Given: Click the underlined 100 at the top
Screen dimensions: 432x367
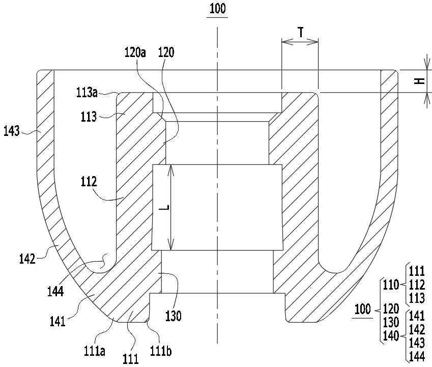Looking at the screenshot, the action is tap(218, 9).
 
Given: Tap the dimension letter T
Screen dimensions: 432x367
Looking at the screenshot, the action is tap(301, 32).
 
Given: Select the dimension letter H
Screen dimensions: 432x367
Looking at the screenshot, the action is tap(420, 81).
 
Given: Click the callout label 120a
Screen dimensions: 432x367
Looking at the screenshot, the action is tap(135, 52).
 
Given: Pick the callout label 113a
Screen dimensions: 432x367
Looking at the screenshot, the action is tap(87, 93).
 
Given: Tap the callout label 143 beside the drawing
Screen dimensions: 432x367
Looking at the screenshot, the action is tap(12, 131).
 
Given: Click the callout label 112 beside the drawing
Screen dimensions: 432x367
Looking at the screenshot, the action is tap(89, 182).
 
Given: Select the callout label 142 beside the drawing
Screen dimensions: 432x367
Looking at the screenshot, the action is tap(27, 259).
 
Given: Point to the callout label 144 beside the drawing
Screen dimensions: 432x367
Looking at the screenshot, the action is tap(55, 291).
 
